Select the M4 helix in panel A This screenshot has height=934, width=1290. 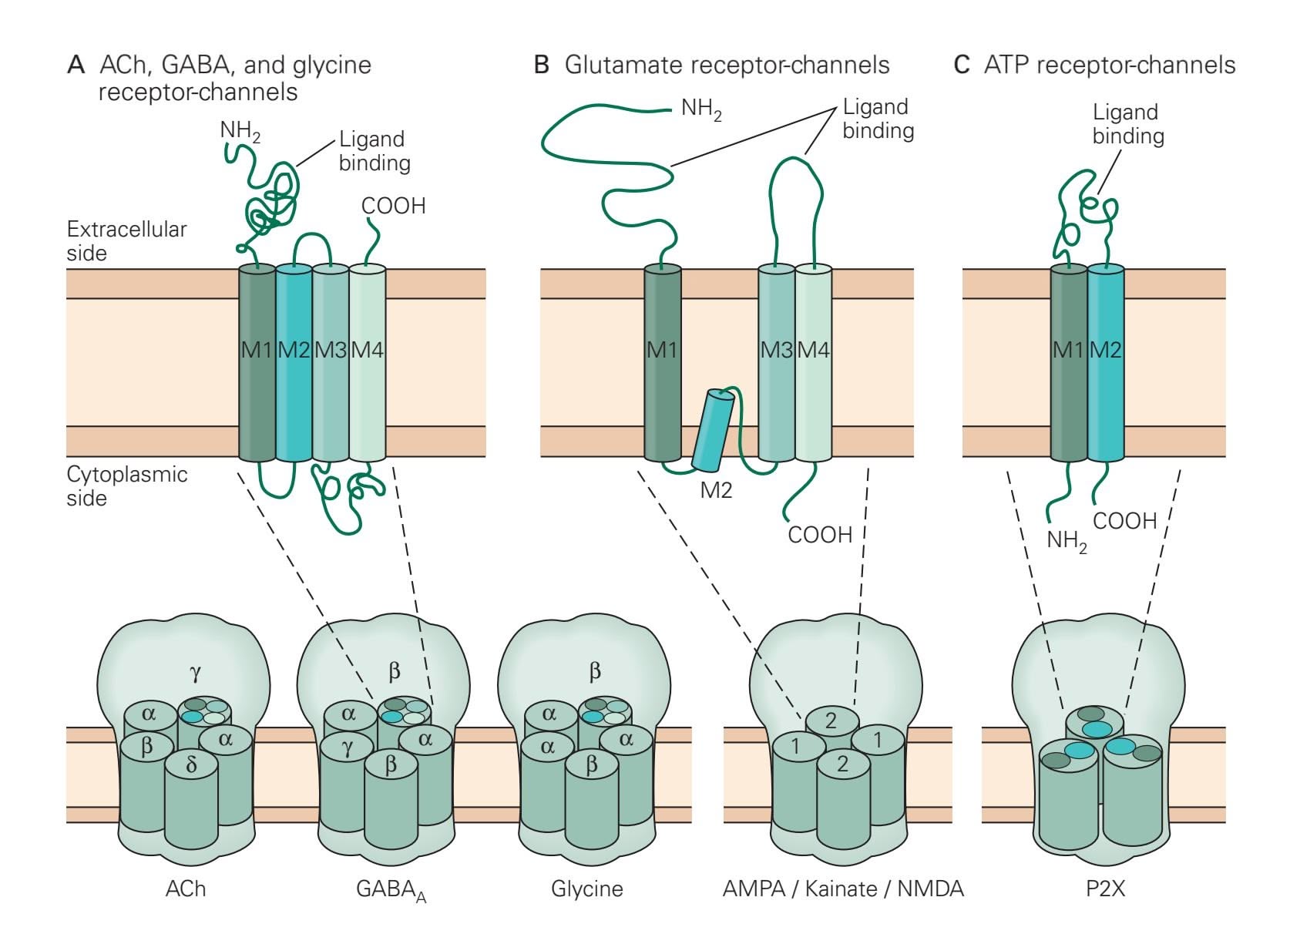click(x=368, y=362)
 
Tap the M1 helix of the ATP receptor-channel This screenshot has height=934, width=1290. click(x=1069, y=362)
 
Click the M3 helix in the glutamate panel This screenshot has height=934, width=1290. click(x=776, y=362)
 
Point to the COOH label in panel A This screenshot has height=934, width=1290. click(x=393, y=206)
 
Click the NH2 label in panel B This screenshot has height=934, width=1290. click(x=701, y=109)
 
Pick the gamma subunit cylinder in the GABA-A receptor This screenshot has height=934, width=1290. click(x=348, y=786)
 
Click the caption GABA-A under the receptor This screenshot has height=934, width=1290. click(x=391, y=890)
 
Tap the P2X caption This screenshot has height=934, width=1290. click(x=1105, y=889)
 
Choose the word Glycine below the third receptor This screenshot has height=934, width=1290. click(x=586, y=889)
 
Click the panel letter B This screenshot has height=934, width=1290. click(x=542, y=65)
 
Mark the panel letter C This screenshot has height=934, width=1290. click(x=961, y=65)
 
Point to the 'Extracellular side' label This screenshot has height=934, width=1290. click(x=126, y=240)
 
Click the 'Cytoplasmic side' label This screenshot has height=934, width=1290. click(x=126, y=485)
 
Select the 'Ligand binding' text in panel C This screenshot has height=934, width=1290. click(x=1127, y=124)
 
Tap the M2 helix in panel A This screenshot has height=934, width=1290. click(x=294, y=362)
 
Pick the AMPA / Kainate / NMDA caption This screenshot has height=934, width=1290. click(x=843, y=889)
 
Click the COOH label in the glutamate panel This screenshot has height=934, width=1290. click(x=820, y=534)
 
